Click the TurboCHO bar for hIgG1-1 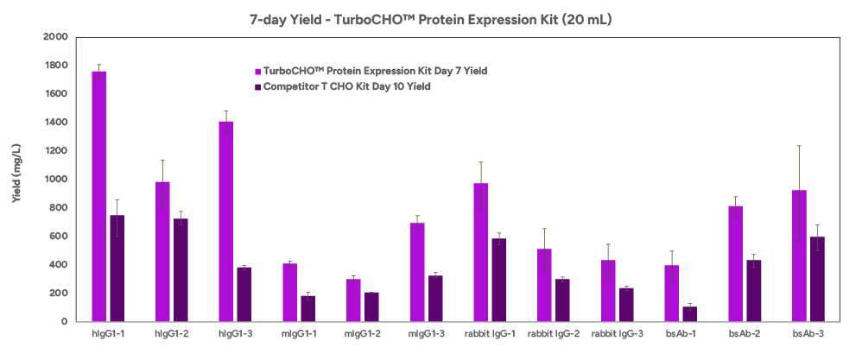99,196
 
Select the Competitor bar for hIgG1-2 181,270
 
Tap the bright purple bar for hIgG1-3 226,222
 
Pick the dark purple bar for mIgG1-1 307,309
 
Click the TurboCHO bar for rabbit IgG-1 481,252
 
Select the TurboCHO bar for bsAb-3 799,256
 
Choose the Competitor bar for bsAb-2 754,291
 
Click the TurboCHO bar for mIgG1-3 417,272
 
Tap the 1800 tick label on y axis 56,66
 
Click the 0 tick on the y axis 64,321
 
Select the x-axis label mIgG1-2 362,333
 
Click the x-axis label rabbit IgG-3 617,333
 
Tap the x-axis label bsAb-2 745,333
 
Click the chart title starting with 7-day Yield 431,20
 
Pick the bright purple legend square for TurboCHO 257,72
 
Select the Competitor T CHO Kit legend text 347,87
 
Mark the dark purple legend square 257,87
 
